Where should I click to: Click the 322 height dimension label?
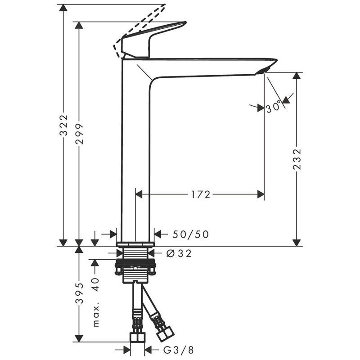64,126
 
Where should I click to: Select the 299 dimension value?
80,134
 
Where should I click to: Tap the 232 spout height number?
297,159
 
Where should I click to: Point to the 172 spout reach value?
200,195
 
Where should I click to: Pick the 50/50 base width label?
190,234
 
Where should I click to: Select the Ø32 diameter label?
179,253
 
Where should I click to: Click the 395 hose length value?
80,293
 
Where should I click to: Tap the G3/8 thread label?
179,350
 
